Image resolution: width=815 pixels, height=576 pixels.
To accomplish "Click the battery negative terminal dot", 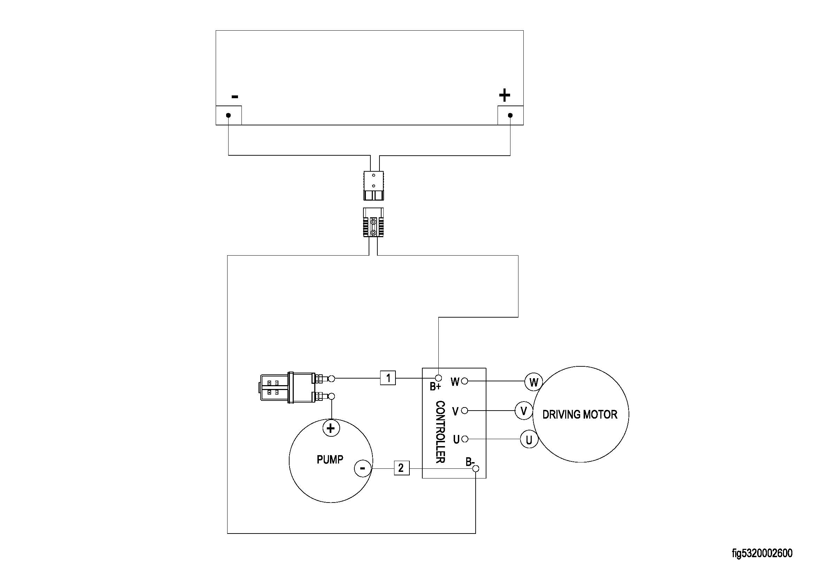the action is [x=228, y=115].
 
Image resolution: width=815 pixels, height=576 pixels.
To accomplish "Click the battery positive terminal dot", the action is [x=510, y=115].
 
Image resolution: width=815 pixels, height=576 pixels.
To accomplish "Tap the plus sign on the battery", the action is [x=505, y=95].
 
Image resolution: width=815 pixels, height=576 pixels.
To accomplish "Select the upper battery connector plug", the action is [x=374, y=186].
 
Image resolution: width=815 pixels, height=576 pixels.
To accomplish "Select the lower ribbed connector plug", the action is [x=374, y=223].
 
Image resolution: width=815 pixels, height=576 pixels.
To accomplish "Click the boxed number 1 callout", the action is [x=388, y=378].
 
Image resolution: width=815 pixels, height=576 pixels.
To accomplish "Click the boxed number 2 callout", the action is [x=401, y=468].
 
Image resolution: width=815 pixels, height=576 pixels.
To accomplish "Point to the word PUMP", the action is [x=330, y=460].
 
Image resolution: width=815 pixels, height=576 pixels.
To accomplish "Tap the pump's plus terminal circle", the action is [x=331, y=428].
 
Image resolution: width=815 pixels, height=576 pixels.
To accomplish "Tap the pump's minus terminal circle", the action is [x=363, y=468].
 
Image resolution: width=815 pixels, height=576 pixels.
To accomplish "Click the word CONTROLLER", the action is [x=440, y=432].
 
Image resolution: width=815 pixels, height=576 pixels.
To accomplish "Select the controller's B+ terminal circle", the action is [x=438, y=379].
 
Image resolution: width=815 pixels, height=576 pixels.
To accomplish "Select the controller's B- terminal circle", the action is [x=476, y=468].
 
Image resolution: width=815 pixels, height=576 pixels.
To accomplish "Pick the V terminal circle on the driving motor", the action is [x=524, y=411].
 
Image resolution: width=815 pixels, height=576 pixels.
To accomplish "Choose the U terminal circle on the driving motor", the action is [x=529, y=439].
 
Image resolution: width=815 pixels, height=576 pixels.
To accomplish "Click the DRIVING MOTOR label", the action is [x=580, y=414].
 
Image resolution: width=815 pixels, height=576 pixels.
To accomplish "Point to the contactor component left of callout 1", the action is [x=289, y=387].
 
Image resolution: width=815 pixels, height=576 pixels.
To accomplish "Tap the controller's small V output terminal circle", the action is [x=465, y=411].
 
